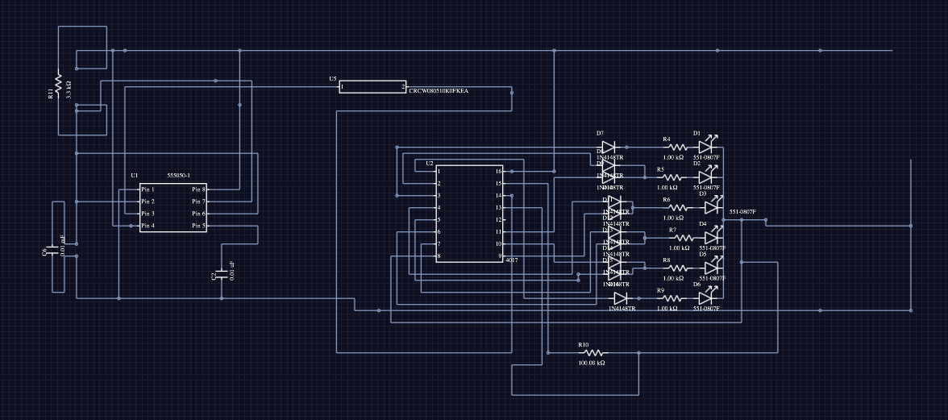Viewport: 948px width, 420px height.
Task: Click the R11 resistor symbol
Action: coord(58,82)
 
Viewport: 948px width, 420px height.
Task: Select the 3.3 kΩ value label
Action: coord(69,89)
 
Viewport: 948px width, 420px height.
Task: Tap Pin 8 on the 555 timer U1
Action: coord(198,189)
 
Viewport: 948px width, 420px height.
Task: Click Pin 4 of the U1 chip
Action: coord(148,227)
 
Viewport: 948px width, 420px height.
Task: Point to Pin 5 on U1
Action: coord(198,227)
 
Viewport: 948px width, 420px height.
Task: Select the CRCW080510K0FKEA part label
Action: coord(439,92)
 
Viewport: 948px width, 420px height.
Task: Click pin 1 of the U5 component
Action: coord(343,86)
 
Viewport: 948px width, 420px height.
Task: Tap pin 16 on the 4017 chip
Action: coord(498,172)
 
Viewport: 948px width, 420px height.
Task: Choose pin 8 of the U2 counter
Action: coord(439,256)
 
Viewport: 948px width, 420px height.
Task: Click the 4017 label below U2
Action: coord(511,261)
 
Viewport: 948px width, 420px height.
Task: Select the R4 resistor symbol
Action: coord(676,148)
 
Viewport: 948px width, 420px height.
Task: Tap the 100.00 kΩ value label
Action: coord(592,363)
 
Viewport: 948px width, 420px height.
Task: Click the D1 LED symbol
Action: coord(707,146)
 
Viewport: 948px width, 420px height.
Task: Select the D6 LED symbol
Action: coord(709,298)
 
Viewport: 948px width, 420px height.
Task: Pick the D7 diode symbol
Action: coord(609,147)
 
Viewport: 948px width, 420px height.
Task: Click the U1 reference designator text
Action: coord(135,175)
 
